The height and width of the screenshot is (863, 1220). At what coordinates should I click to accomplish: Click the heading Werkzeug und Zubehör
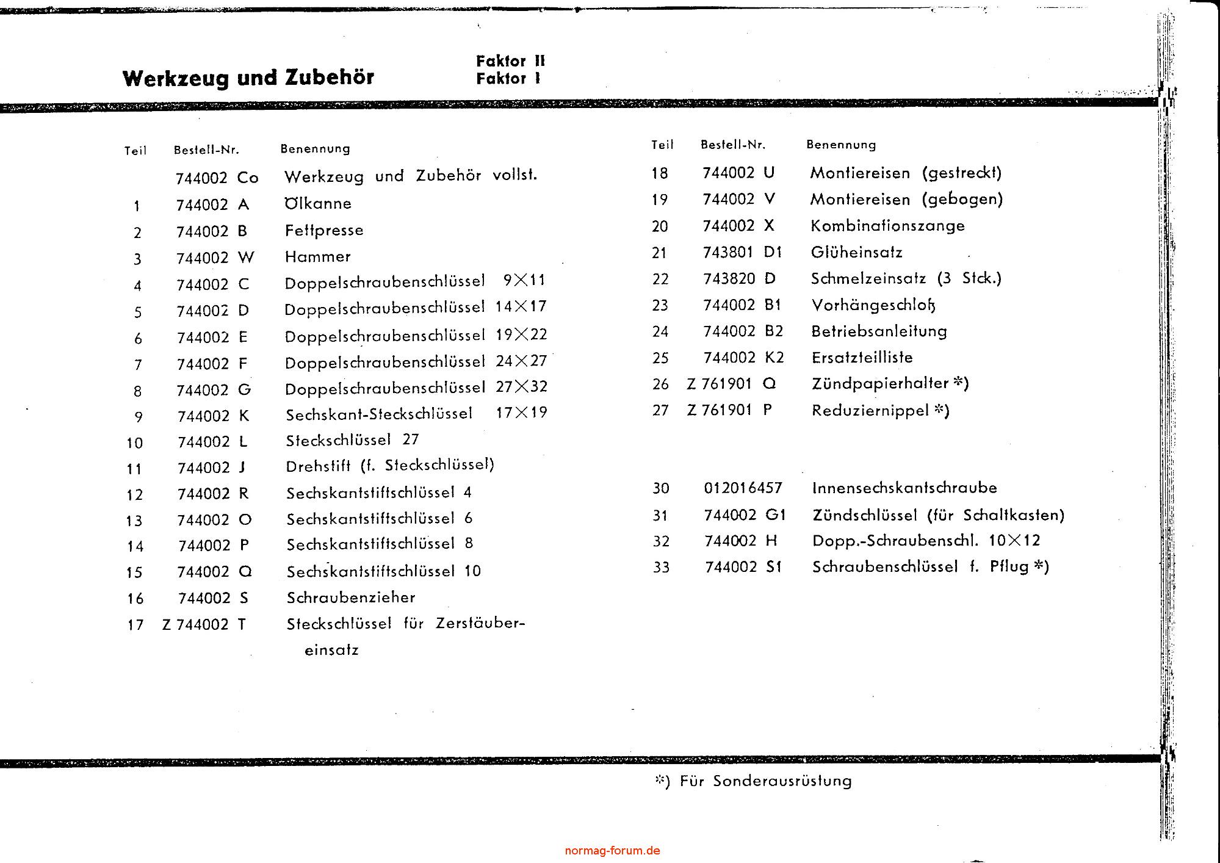[248, 78]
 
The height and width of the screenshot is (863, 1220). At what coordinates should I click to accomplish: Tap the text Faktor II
[510, 61]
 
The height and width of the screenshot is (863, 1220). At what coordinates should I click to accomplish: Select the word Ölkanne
[318, 203]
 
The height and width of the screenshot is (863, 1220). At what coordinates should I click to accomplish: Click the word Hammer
[317, 256]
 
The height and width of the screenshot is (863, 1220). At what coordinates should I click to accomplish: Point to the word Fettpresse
[324, 230]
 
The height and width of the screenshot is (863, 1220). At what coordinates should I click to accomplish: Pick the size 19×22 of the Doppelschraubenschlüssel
[521, 334]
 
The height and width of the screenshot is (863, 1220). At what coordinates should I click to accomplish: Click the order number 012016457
[743, 488]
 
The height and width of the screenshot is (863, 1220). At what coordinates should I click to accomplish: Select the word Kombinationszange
[887, 226]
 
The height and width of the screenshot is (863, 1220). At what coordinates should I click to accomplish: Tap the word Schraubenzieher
[351, 598]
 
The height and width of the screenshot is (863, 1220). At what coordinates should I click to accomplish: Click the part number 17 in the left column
[135, 625]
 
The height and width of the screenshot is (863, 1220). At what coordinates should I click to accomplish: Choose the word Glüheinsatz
[856, 252]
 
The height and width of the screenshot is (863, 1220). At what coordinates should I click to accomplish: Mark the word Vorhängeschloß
[873, 305]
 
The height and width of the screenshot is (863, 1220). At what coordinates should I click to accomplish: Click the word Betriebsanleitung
[879, 331]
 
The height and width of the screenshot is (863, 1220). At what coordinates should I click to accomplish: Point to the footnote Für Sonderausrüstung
[765, 781]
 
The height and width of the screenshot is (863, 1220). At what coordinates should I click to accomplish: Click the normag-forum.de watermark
[612, 851]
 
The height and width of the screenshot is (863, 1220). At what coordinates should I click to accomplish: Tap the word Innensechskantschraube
[904, 488]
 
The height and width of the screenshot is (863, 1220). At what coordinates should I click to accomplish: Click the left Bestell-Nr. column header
[206, 150]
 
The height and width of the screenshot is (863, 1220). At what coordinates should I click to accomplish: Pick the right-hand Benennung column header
[841, 145]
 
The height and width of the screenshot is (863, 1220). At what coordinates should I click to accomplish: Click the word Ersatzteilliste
[862, 358]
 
